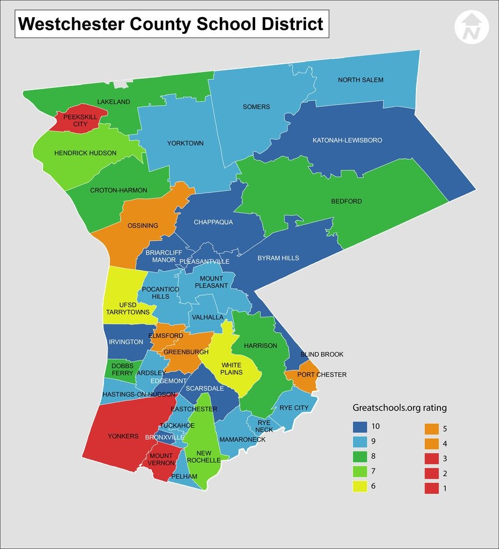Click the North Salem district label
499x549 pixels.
(360, 80)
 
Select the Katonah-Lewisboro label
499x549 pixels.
(347, 140)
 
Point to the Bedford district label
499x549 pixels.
(346, 202)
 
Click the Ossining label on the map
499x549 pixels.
(143, 226)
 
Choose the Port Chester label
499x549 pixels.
(322, 375)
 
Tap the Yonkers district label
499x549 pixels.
(123, 436)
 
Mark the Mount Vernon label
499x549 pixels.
(161, 459)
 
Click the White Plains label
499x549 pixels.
(232, 369)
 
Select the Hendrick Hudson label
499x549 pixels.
(85, 153)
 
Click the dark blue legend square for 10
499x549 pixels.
(359, 427)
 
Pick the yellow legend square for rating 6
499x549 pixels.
(359, 486)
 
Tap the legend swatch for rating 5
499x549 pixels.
(431, 429)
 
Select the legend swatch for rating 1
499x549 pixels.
(431, 488)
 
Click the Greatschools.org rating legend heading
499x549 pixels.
(399, 408)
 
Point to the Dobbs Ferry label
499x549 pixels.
(122, 369)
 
